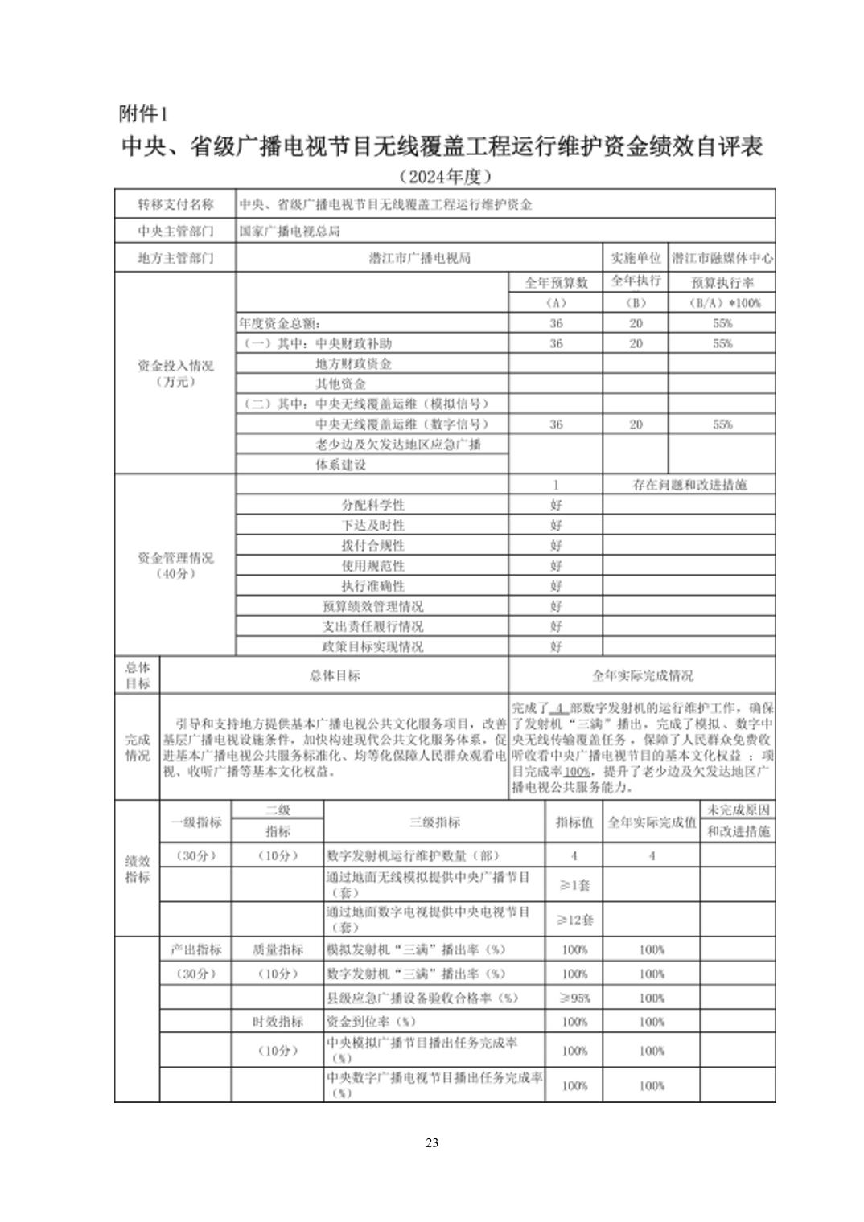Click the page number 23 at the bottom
[x=432, y=1142]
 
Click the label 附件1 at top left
[x=144, y=113]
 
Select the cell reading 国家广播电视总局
[x=290, y=232]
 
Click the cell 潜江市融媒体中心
[x=722, y=258]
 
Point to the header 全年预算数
[x=556, y=282]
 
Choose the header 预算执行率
[x=722, y=282]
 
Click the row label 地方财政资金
[x=353, y=363]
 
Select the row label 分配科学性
[x=372, y=505]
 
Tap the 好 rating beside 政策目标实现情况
[x=556, y=646]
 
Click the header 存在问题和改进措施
[x=689, y=485]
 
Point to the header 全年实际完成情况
[x=642, y=675]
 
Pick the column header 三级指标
[x=434, y=822]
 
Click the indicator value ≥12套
[x=574, y=920]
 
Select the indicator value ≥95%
[x=574, y=998]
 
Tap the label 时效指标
[x=278, y=1022]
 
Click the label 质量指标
[x=278, y=949]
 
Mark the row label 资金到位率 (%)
[x=372, y=1022]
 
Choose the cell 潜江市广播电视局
[x=419, y=258]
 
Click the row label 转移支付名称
[x=175, y=204]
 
